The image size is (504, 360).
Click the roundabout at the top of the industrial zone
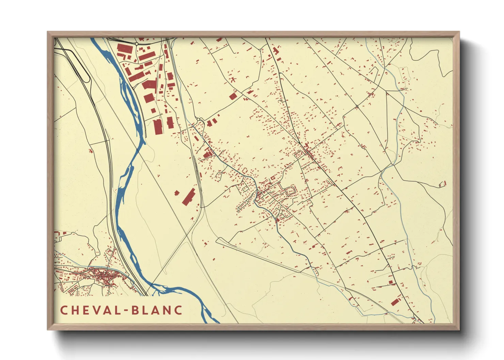click(137, 44)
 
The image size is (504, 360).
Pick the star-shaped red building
click(233, 80)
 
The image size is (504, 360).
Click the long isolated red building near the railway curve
click(189, 197)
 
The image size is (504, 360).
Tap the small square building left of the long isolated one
click(177, 193)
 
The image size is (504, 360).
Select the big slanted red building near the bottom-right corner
click(395, 302)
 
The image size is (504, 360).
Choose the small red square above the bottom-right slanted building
click(391, 282)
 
